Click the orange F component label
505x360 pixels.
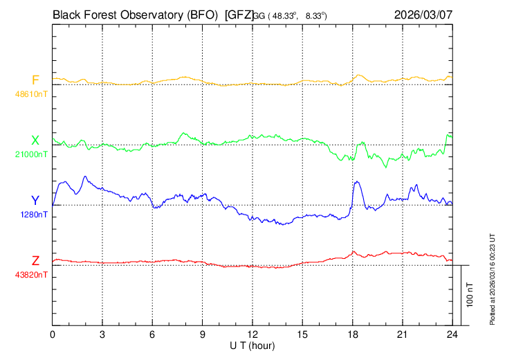coord(35,80)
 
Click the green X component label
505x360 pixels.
coord(35,141)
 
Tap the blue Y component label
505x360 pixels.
coord(35,201)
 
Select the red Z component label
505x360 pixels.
coord(35,261)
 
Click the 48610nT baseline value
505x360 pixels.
coord(33,92)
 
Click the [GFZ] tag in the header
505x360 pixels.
coord(239,14)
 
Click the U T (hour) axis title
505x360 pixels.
coord(252,345)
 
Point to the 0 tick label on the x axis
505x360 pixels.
coord(53,335)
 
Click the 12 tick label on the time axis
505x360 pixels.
coord(252,335)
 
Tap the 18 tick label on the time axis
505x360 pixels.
coord(353,335)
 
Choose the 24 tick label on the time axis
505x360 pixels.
coord(452,335)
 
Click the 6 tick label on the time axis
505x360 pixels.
coord(153,335)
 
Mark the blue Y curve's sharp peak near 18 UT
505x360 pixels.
coord(356,182)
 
